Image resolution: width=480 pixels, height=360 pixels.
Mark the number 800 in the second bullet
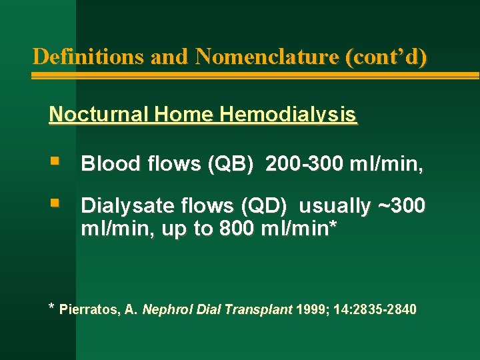coord(236,228)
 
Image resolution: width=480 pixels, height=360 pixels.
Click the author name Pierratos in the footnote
coord(87,309)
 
